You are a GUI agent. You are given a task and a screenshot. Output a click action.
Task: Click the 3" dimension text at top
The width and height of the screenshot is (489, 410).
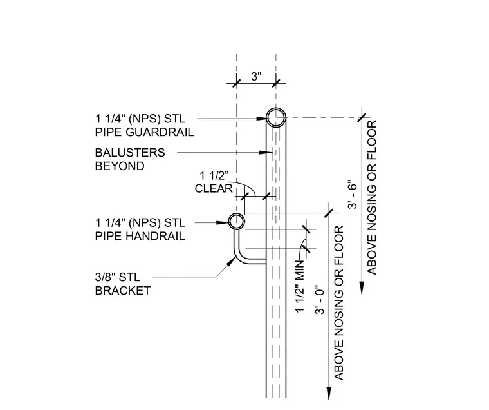tap(256, 76)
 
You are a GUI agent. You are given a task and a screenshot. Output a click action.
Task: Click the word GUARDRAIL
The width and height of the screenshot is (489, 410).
tap(160, 132)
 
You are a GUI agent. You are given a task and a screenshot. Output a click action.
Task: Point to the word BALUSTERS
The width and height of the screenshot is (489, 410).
tap(130, 153)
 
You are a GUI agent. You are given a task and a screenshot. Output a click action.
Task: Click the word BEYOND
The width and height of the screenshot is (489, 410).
tap(120, 166)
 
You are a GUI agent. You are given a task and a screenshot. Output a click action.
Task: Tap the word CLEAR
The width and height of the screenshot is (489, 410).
tap(214, 188)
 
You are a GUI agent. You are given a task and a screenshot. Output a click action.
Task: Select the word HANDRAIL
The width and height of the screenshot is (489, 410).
tap(155, 236)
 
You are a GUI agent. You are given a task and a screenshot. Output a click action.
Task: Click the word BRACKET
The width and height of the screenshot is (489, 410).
tap(123, 291)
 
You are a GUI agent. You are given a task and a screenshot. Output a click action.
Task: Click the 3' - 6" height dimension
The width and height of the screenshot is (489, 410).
tap(353, 195)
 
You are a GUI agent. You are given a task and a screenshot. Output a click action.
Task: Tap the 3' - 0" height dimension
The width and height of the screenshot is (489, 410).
tap(320, 299)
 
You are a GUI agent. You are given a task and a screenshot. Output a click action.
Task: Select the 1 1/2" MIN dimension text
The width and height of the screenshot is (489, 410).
tap(300, 286)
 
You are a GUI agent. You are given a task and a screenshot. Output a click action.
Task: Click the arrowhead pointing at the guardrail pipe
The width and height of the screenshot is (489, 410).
tap(261, 119)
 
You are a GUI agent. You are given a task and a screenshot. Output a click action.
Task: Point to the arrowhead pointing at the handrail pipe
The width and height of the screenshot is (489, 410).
tap(223, 222)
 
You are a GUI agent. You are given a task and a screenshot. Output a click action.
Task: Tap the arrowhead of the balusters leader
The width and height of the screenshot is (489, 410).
tap(266, 152)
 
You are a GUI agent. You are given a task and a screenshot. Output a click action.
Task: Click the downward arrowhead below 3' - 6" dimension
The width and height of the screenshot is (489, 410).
tap(362, 288)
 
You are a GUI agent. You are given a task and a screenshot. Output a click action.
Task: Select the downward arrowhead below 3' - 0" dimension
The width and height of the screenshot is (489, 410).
tap(329, 393)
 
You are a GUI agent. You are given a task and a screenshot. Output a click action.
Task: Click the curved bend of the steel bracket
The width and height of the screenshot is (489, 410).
tap(239, 258)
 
